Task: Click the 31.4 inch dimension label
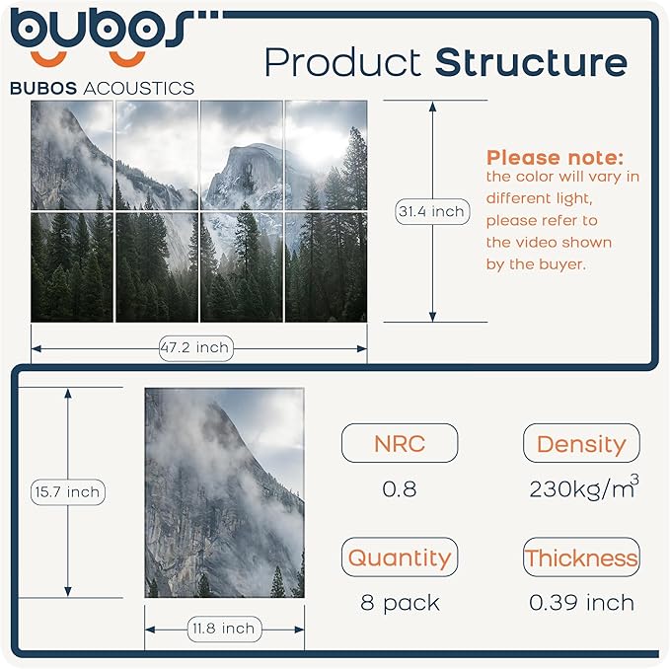431,211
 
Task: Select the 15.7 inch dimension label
67,491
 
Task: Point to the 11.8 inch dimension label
223,629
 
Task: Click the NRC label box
399,443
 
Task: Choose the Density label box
580,443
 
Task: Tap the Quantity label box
399,557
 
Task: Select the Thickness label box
580,557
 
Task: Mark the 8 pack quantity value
400,602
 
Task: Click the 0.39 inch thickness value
581,602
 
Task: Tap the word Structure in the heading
531,62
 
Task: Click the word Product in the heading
343,63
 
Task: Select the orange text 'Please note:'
556,158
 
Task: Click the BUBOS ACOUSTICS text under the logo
102,88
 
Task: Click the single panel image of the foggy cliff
224,492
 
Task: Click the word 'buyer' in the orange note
571,263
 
